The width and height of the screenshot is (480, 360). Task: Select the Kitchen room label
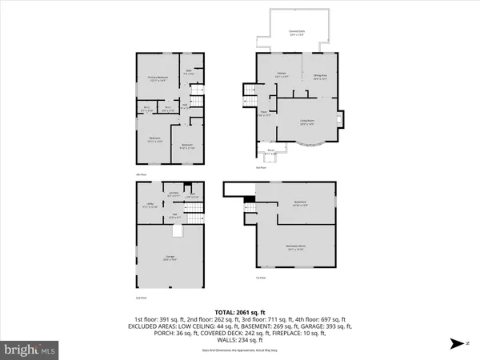[x=282, y=76]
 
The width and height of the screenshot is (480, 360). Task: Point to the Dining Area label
[x=321, y=78]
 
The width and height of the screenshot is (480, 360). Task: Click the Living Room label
[x=307, y=122]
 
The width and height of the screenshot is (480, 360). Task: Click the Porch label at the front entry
[x=271, y=150]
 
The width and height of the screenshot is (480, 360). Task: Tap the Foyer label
[x=263, y=114]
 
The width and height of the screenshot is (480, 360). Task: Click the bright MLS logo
[x=30, y=349]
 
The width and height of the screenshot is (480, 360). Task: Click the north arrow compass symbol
[x=455, y=344]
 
